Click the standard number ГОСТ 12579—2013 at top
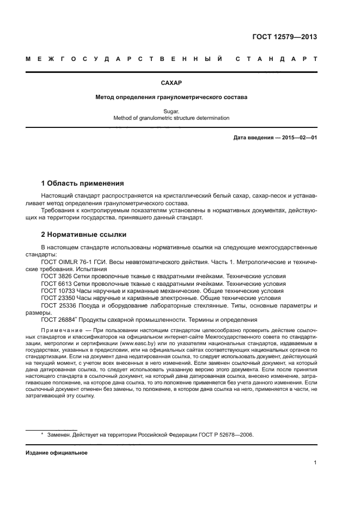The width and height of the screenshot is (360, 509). click(285, 38)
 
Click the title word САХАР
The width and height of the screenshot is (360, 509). click(171, 83)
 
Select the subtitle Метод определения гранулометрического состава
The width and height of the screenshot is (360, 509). click(171, 97)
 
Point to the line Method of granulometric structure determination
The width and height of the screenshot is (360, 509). click(171, 118)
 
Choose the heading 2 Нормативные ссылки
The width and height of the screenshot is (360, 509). click(84, 235)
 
